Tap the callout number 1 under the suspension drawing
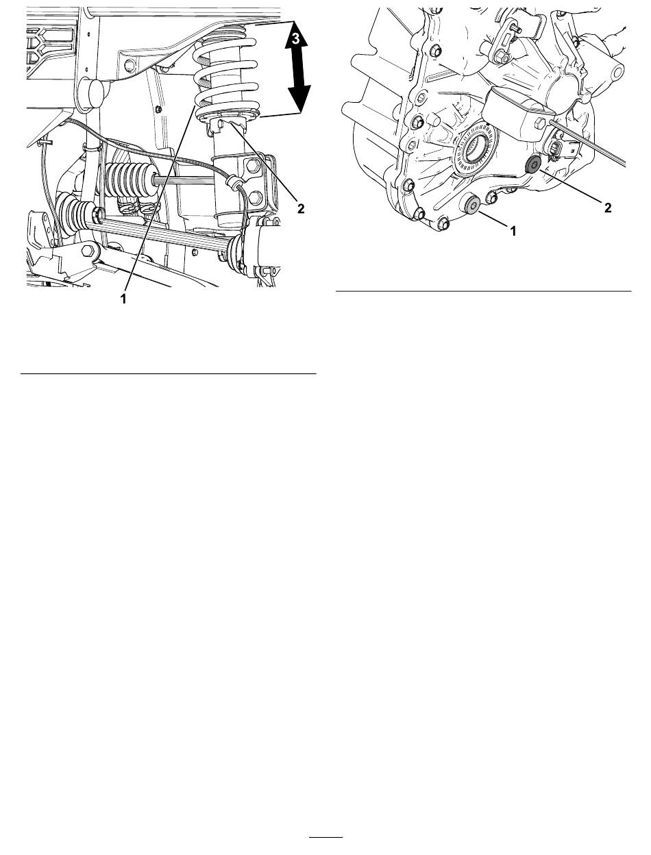coord(123,299)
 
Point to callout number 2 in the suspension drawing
coord(300,209)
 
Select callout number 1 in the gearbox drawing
coord(513,232)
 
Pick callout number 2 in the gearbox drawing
coord(608,208)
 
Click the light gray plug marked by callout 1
coord(473,204)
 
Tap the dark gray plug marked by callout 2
coord(532,164)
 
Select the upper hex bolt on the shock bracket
coord(254,166)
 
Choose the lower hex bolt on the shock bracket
coord(255,197)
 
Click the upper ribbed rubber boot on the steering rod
coord(130,180)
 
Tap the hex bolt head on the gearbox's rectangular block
coord(541,123)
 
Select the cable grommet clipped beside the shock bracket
coord(233,182)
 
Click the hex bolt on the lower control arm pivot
coord(87,251)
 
